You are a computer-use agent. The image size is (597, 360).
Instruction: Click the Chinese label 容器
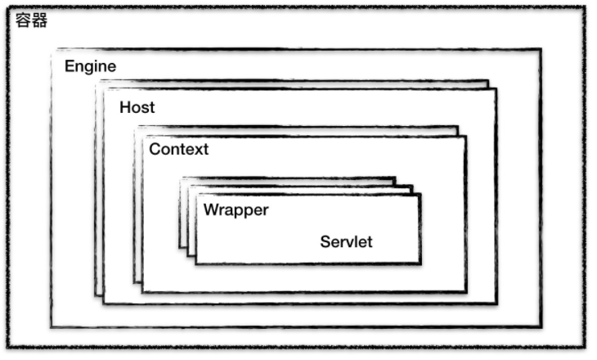(33, 20)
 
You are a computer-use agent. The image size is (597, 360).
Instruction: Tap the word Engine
(91, 66)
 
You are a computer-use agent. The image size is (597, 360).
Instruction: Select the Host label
(137, 107)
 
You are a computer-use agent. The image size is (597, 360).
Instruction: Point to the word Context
(178, 149)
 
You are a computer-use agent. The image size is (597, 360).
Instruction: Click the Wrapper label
(236, 209)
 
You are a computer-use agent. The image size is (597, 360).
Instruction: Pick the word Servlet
(346, 241)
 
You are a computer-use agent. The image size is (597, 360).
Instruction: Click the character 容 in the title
(24, 20)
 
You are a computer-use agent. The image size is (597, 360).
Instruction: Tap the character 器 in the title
(41, 20)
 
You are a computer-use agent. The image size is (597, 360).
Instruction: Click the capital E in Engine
(70, 66)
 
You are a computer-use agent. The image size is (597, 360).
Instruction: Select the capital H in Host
(124, 107)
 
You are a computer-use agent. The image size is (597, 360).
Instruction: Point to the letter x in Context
(196, 149)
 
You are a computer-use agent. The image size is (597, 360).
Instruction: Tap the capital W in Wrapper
(210, 209)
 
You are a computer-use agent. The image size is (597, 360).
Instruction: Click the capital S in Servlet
(325, 241)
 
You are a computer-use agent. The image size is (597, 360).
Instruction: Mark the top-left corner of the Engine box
(52, 50)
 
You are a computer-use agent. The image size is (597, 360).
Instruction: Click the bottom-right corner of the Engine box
(541, 326)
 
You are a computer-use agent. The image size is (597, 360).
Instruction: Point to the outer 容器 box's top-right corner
(584, 7)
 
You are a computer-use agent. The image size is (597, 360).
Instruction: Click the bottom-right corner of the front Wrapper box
(420, 264)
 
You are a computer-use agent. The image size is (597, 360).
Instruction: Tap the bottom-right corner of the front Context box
(466, 292)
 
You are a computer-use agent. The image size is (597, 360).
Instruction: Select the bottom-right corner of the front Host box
(496, 304)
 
